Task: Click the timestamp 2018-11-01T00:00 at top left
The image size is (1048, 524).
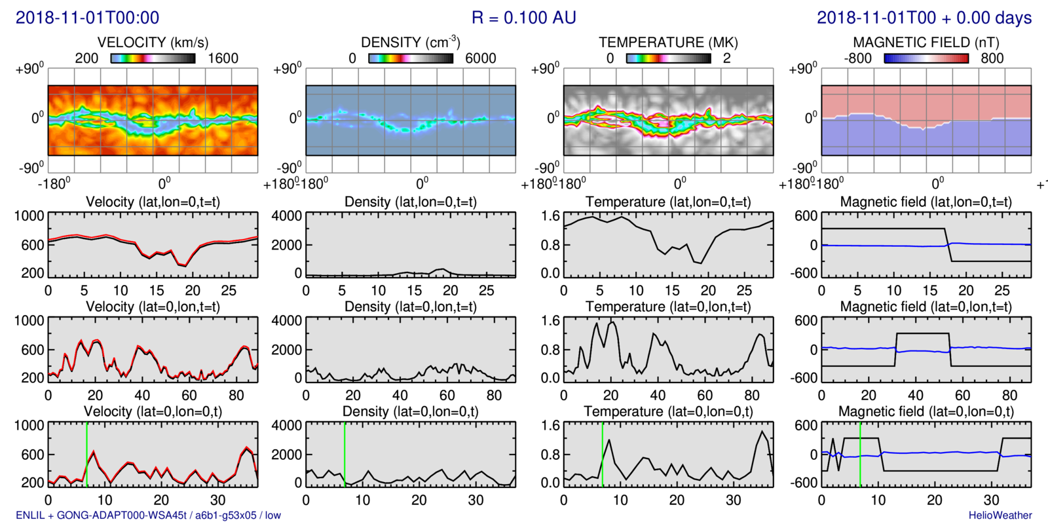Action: (x=87, y=18)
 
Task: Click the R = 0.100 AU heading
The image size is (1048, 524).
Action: (x=523, y=18)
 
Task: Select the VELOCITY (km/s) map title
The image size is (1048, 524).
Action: (x=153, y=43)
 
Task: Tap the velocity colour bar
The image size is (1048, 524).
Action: (x=153, y=58)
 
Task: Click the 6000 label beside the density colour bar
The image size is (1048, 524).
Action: (x=480, y=58)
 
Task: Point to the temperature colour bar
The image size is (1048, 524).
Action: (x=668, y=58)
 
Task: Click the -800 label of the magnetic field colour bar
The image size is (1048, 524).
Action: (x=857, y=58)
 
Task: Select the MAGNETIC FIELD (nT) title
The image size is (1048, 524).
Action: (x=926, y=43)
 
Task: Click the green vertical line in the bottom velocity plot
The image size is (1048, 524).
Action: (x=87, y=454)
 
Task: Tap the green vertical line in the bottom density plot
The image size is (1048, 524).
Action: (x=345, y=454)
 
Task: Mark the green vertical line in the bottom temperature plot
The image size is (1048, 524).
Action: (x=603, y=454)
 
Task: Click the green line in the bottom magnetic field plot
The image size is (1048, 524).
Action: (x=861, y=454)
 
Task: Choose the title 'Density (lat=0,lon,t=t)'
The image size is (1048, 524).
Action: (x=411, y=307)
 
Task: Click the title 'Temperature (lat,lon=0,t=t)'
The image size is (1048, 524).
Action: (x=668, y=202)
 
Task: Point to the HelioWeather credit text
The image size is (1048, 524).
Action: (x=1000, y=515)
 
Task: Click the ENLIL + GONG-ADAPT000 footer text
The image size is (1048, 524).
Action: (x=148, y=515)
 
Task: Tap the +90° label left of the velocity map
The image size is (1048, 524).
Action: (x=30, y=68)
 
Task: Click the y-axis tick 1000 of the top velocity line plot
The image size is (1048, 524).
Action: (x=29, y=216)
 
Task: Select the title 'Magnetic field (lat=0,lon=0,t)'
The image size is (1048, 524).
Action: (x=926, y=411)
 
